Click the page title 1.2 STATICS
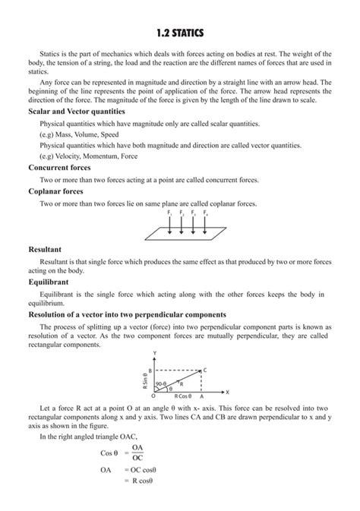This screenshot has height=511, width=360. pyautogui.click(x=180, y=34)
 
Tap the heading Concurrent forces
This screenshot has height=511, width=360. pyautogui.click(x=59, y=167)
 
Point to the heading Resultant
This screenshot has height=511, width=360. pyautogui.click(x=45, y=248)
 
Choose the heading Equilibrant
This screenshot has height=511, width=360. pyautogui.click(x=49, y=281)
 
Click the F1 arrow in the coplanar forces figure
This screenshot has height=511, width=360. pyautogui.click(x=169, y=226)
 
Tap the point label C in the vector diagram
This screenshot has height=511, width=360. pyautogui.click(x=206, y=370)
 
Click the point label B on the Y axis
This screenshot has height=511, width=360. pyautogui.click(x=150, y=370)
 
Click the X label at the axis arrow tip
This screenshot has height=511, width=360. pyautogui.click(x=226, y=392)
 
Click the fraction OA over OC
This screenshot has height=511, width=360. pyautogui.click(x=137, y=453)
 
